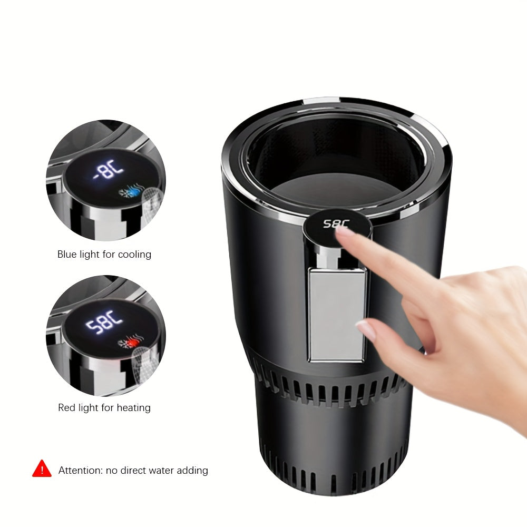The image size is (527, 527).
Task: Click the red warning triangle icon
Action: click(42, 469)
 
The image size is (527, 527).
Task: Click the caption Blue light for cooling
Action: click(104, 255)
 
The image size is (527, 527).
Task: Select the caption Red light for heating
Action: click(104, 408)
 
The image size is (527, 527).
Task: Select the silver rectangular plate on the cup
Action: click(337, 314)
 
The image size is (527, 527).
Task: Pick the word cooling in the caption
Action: click(134, 255)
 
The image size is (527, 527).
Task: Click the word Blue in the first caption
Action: click(67, 255)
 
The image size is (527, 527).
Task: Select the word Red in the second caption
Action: click(67, 408)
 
